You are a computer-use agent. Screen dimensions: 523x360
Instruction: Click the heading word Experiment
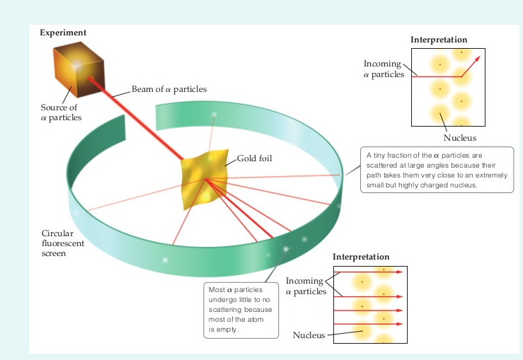click(x=63, y=33)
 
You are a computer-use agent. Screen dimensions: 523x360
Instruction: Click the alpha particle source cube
click(x=79, y=69)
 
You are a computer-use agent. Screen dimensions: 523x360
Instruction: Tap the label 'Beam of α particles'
click(x=169, y=89)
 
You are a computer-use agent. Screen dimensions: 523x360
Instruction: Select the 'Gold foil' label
click(x=255, y=158)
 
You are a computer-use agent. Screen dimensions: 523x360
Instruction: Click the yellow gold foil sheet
click(x=205, y=179)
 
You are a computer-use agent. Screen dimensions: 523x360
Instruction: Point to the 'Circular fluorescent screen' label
click(x=63, y=243)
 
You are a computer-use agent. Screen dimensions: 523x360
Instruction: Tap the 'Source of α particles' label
click(x=61, y=112)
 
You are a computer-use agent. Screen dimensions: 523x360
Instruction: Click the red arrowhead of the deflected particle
click(x=478, y=59)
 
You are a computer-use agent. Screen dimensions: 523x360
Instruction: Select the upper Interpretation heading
click(x=439, y=40)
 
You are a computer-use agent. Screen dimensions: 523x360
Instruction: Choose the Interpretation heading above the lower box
click(x=361, y=257)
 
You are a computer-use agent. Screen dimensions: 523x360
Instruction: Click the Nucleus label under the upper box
click(x=460, y=138)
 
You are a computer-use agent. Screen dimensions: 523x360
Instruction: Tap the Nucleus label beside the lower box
click(x=309, y=335)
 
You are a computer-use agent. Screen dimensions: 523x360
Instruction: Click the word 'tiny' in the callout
click(x=379, y=156)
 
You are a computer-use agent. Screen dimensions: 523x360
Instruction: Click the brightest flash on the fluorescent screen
click(x=286, y=249)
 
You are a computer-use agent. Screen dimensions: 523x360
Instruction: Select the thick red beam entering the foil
click(x=136, y=119)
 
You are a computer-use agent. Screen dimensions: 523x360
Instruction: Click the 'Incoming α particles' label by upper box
click(x=383, y=69)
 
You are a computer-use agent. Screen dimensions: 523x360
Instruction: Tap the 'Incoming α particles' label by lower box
click(x=306, y=286)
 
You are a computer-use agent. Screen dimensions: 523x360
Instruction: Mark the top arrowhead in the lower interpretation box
click(x=400, y=272)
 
